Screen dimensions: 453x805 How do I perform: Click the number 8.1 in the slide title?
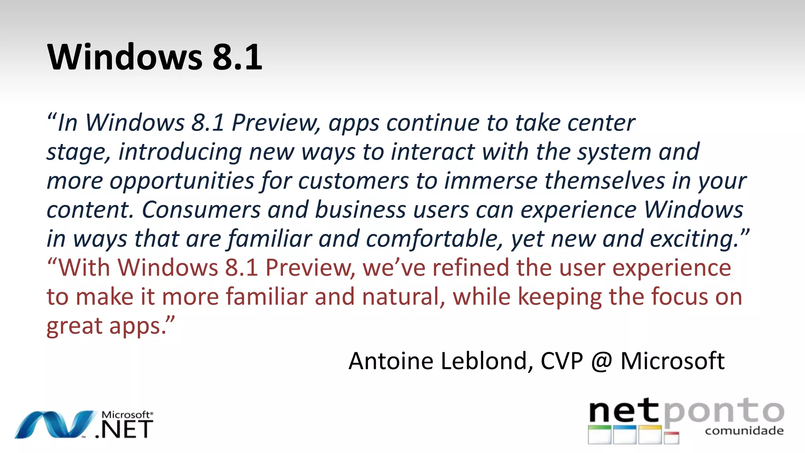coord(237,57)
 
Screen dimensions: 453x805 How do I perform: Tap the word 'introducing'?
coord(180,152)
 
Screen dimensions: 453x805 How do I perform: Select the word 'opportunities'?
coord(182,181)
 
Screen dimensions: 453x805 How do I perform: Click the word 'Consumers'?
coord(201,210)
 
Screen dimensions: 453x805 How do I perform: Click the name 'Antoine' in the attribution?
coord(391,361)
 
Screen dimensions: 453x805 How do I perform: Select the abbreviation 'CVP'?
coord(562,361)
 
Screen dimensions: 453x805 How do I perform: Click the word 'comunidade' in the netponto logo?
coord(744,431)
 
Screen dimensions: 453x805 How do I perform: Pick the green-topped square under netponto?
coord(599,435)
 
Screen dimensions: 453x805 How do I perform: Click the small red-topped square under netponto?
coord(671,438)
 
